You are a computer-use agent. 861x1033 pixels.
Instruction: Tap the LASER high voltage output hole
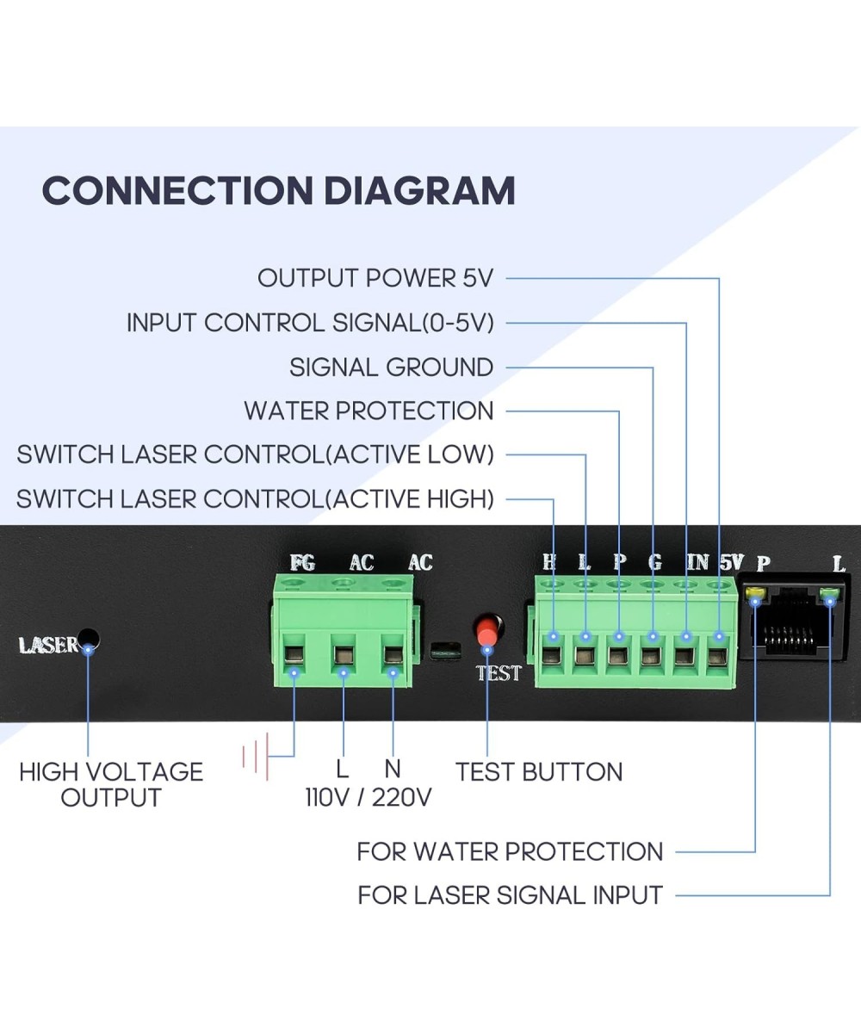[x=89, y=641]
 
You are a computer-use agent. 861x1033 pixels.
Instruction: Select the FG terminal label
[x=302, y=563]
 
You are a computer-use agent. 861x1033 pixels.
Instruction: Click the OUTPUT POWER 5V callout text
[x=375, y=278]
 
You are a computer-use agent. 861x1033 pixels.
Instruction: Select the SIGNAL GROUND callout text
[x=391, y=368]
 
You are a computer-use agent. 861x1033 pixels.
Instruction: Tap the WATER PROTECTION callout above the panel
[x=369, y=411]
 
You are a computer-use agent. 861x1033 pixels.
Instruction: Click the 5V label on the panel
[x=731, y=563]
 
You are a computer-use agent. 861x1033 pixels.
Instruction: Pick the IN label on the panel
[x=697, y=563]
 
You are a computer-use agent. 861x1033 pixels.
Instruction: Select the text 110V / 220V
[x=369, y=797]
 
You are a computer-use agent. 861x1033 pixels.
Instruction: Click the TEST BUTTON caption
[x=539, y=771]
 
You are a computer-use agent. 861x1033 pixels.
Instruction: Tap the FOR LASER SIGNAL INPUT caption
[x=510, y=895]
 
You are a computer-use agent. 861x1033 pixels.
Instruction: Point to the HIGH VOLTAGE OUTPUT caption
[x=111, y=784]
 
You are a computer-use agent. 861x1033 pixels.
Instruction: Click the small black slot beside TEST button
[x=444, y=650]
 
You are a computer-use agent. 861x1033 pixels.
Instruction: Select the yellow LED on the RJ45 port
[x=756, y=593]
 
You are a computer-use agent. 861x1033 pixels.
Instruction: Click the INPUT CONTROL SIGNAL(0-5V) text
[x=310, y=323]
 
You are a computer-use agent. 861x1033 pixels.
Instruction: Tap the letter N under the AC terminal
[x=393, y=769]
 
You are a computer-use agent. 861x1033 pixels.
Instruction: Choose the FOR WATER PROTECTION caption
[x=510, y=852]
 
